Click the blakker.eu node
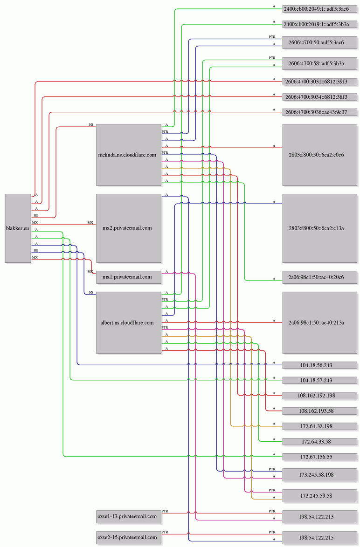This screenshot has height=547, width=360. (18, 228)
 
